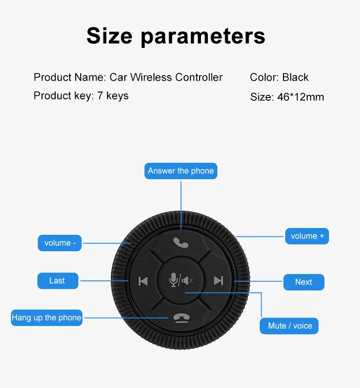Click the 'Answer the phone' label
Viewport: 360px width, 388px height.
click(181, 171)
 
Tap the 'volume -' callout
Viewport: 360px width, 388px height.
click(59, 243)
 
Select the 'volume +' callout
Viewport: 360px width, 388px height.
click(307, 236)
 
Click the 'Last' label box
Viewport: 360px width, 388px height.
click(57, 281)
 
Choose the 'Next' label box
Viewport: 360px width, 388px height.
click(303, 282)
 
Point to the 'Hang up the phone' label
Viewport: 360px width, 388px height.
click(46, 318)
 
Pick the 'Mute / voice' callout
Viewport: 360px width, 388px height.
click(290, 326)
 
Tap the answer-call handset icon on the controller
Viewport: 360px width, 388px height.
click(181, 243)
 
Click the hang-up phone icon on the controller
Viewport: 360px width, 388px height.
click(181, 318)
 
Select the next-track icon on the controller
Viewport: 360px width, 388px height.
click(218, 280)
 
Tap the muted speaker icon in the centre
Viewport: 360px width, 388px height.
click(187, 280)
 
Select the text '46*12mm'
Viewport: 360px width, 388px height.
click(300, 97)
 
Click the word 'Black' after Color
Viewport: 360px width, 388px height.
click(295, 78)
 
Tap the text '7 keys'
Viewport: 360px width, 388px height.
click(113, 96)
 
